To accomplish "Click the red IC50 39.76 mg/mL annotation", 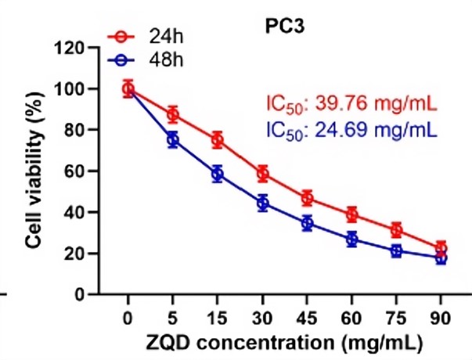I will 349,104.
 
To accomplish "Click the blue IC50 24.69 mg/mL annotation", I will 349,125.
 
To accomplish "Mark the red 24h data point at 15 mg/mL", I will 218,140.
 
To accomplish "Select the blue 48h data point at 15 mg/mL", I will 218,174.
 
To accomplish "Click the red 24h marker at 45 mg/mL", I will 308,198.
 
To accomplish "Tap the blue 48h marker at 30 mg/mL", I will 263,203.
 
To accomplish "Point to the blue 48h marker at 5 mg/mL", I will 173,139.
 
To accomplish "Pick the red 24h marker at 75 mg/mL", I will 397,230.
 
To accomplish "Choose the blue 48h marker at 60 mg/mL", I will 352,239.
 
